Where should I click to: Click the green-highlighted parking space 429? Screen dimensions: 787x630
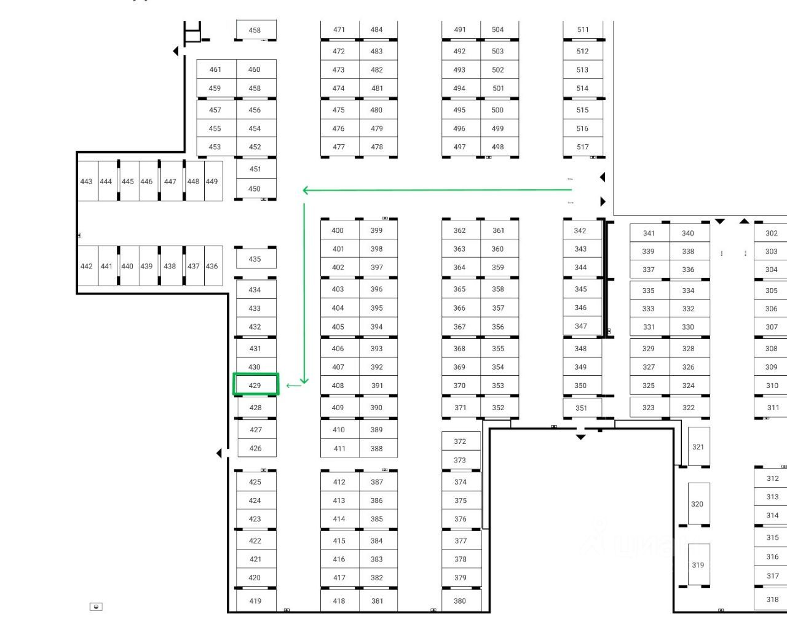(x=256, y=385)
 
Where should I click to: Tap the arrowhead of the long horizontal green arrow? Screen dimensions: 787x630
(x=306, y=190)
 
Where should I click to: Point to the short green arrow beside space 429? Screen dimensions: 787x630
(x=294, y=386)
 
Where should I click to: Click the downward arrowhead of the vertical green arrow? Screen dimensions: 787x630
(x=304, y=380)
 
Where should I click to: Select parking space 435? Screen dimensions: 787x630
(x=256, y=259)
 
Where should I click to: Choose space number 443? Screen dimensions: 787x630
(x=87, y=181)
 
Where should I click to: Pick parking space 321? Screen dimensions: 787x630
(x=698, y=446)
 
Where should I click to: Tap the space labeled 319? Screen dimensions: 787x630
(x=698, y=565)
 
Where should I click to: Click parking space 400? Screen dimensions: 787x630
(x=339, y=230)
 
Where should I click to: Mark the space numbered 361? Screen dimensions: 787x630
(x=499, y=230)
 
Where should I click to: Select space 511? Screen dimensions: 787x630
(x=583, y=29)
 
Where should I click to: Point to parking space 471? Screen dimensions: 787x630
(x=339, y=29)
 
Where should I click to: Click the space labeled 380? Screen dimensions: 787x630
(x=461, y=601)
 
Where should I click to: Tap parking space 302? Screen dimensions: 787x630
(x=772, y=233)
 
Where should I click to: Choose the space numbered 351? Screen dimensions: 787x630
(x=582, y=408)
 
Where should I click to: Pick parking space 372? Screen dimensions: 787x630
(x=461, y=441)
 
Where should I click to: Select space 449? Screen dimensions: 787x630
(x=212, y=181)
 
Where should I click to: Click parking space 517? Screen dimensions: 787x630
(x=583, y=147)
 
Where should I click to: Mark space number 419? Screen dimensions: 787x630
(x=256, y=601)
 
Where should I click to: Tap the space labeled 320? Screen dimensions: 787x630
(x=697, y=504)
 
